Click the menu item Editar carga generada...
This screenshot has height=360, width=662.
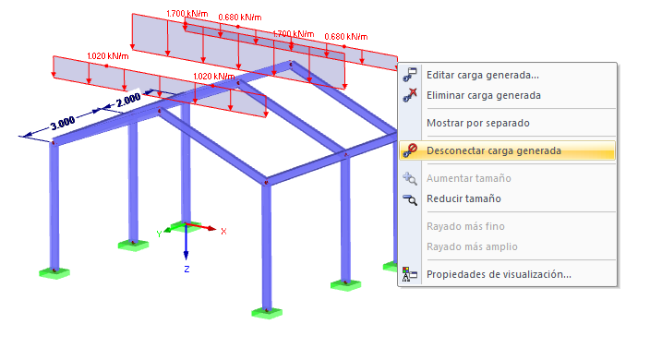(483, 75)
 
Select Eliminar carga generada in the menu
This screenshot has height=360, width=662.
(484, 95)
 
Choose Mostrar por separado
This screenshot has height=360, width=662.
(478, 123)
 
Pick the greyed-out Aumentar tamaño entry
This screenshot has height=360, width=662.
(469, 178)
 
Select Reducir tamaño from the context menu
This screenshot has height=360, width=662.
(463, 198)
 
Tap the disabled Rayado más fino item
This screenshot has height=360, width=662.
(465, 226)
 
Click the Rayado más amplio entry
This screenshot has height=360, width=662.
(472, 246)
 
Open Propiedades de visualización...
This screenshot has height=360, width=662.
(499, 274)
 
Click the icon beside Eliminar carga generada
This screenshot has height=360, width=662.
(410, 95)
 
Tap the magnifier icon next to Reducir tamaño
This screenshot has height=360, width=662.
(410, 199)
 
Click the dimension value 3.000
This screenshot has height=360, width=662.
(63, 123)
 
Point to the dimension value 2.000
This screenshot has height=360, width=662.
(128, 101)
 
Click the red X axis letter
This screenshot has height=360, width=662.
(223, 232)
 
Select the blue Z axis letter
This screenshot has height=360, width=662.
(187, 269)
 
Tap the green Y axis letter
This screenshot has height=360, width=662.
(159, 234)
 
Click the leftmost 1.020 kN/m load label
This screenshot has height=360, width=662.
(108, 56)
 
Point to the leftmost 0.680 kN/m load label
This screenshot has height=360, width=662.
(240, 18)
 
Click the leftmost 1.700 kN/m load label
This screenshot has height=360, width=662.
(187, 14)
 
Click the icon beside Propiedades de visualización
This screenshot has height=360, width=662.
(410, 274)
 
